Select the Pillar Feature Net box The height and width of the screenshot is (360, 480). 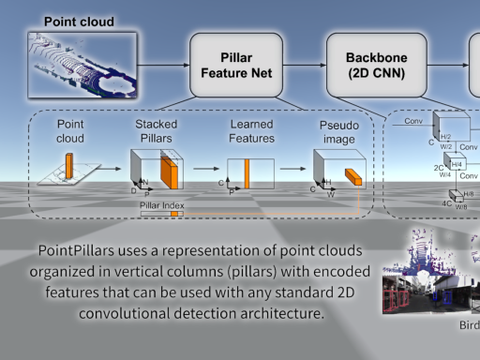pos(236,63)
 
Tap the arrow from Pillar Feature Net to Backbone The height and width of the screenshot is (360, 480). pos(305,64)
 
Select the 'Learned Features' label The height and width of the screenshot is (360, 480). pos(251,130)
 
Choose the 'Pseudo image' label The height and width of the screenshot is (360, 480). pos(335,130)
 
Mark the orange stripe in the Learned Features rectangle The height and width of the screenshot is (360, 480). pos(247,175)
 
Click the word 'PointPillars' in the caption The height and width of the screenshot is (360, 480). pos(78,252)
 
